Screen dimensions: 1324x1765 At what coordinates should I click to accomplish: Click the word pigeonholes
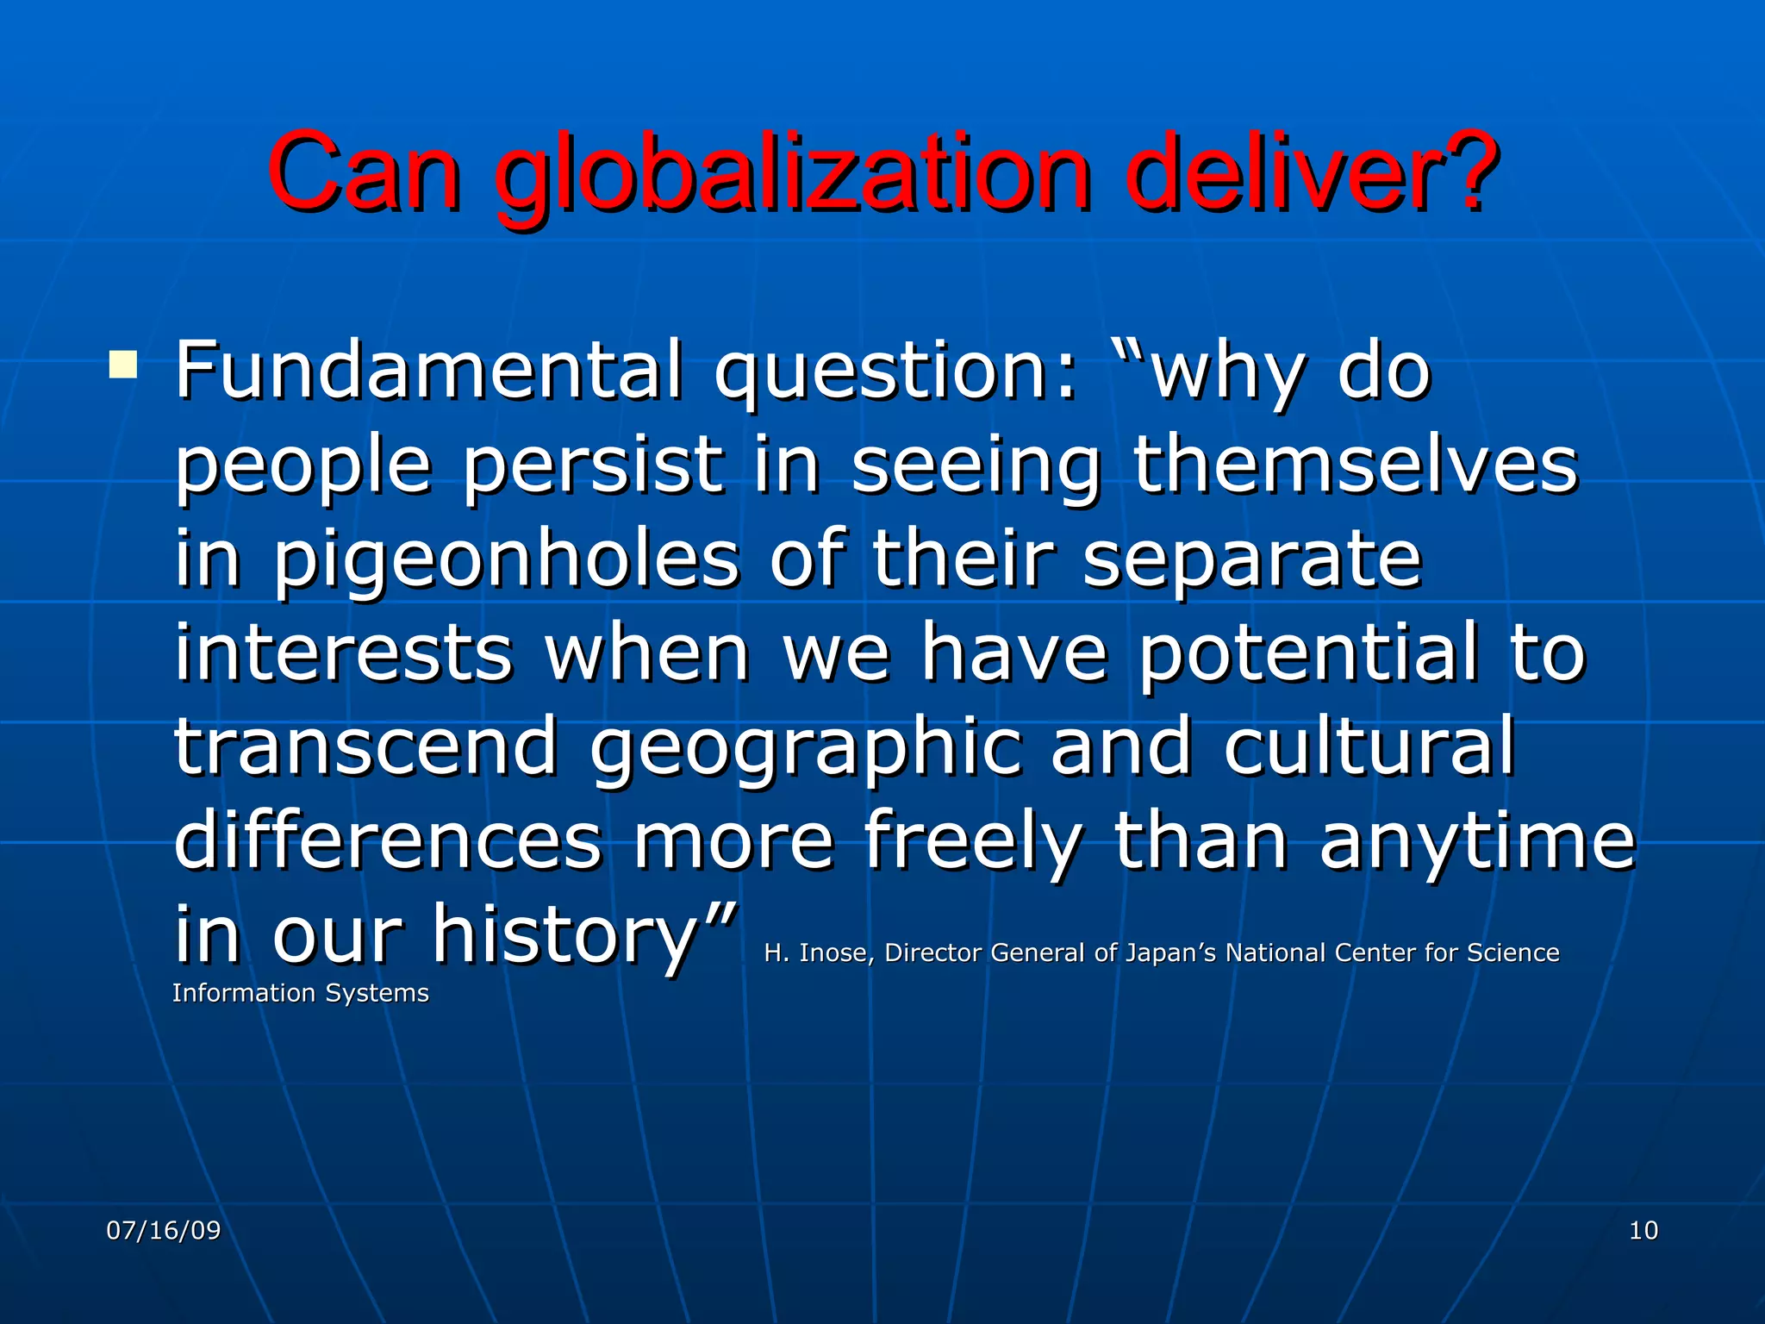[507, 560]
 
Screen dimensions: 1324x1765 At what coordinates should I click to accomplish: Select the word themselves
[1355, 465]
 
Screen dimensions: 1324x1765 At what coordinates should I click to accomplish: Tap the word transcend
[366, 746]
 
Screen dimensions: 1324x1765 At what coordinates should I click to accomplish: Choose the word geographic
[806, 748]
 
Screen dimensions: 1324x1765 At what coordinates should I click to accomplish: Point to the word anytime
[1477, 841]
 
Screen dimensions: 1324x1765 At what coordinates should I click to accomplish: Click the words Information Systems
[300, 993]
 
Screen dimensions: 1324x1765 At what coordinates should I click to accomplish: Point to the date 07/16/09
[164, 1230]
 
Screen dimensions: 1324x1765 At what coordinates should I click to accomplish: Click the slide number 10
[1643, 1230]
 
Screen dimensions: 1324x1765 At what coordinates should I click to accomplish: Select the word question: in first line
[896, 372]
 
